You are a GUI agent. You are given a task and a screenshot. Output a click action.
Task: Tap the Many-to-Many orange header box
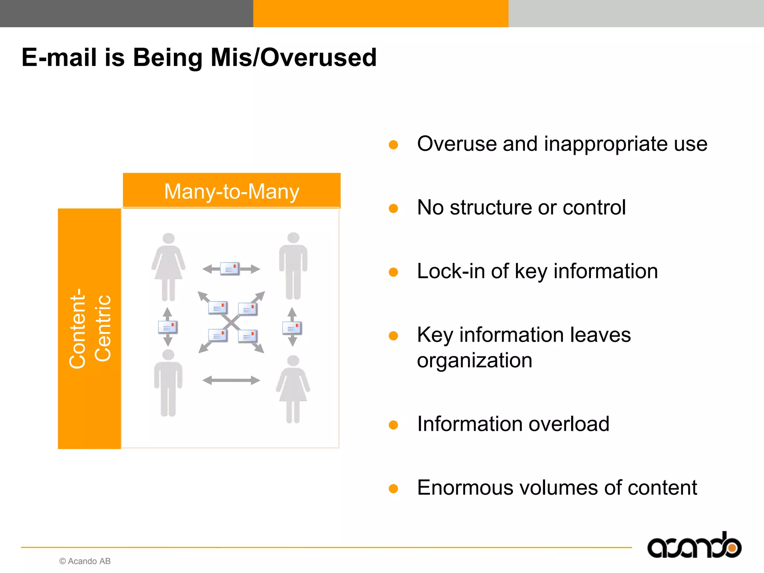pos(231,191)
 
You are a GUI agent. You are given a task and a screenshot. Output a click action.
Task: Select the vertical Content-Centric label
pos(90,328)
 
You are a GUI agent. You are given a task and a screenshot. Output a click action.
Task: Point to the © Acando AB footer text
pos(85,561)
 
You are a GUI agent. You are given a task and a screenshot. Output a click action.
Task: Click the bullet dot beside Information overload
pos(393,425)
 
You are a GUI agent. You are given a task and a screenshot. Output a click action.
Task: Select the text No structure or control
pos(521,207)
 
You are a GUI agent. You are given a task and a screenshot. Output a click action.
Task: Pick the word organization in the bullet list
pos(474,360)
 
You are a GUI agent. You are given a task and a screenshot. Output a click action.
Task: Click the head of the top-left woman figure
pos(169,238)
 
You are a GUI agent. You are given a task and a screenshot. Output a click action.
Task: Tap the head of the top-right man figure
pos(293,237)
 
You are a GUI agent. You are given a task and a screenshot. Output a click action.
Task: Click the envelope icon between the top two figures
pos(230,269)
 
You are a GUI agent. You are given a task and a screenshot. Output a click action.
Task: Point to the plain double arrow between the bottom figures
pos(231,380)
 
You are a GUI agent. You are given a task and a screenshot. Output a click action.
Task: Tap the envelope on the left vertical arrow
pos(168,327)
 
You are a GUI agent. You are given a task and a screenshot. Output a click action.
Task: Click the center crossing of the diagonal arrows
pos(231,322)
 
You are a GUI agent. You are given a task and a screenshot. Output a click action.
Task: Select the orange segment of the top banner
pos(381,13)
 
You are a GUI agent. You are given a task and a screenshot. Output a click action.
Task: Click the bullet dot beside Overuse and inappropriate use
pos(393,145)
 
